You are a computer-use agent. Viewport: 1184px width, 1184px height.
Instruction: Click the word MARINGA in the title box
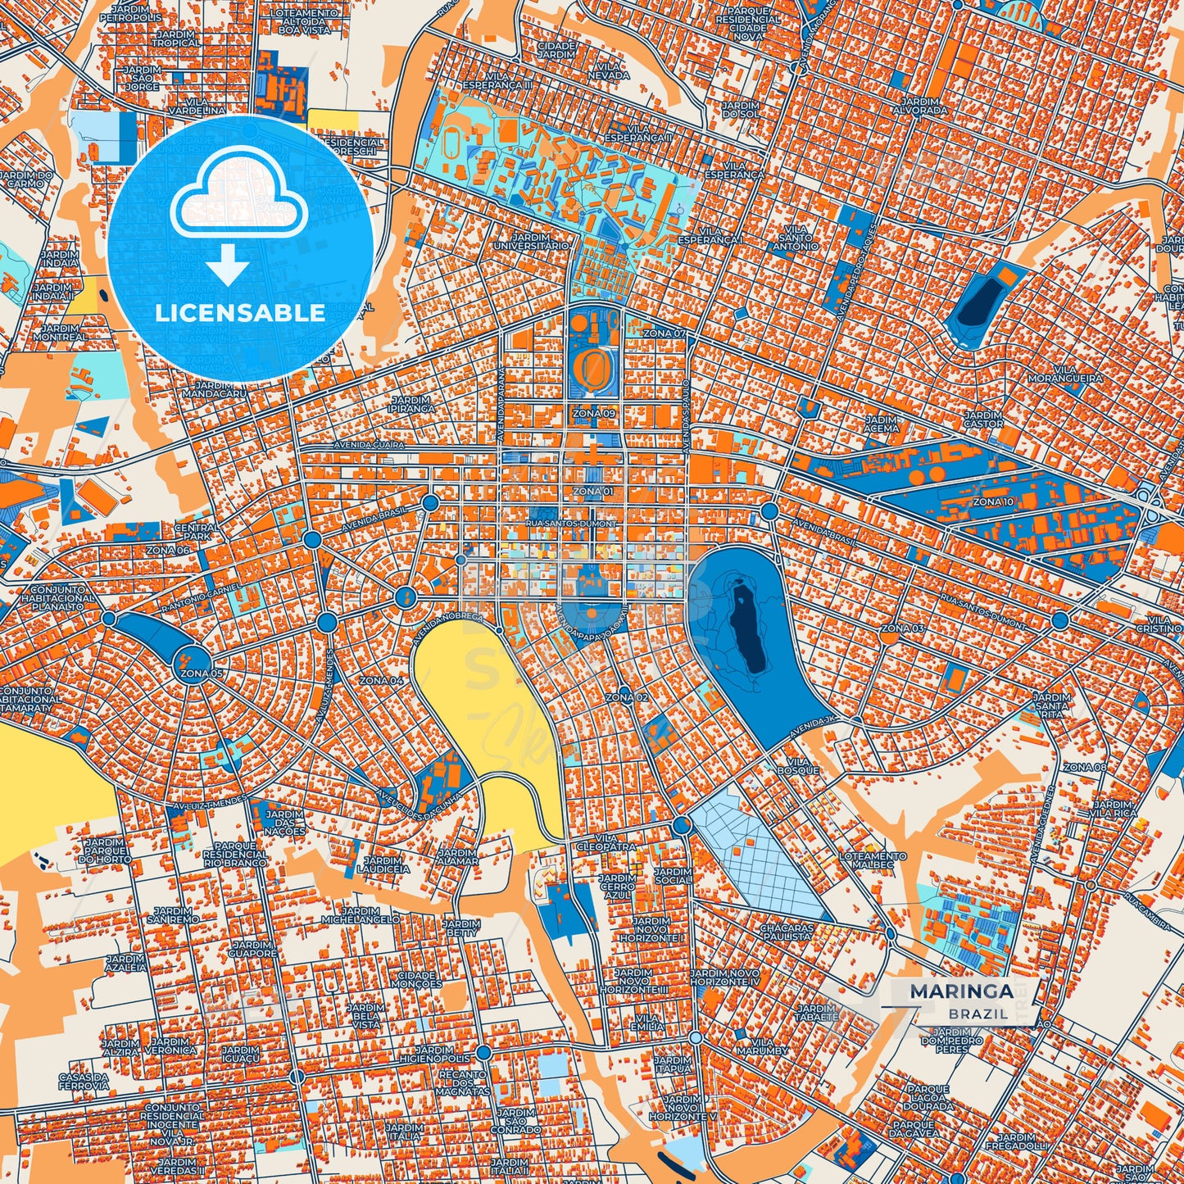960,991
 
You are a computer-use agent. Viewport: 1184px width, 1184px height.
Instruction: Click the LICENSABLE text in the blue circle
240,312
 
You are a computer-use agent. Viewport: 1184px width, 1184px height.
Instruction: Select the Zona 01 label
593,492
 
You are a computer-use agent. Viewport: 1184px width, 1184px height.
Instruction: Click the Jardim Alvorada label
919,106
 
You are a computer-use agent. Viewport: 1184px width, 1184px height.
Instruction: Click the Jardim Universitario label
531,241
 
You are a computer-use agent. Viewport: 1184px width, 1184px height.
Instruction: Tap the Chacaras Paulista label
787,932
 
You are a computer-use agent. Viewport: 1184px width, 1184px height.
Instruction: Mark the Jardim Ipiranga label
411,405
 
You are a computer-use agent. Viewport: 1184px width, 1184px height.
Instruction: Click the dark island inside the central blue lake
748,627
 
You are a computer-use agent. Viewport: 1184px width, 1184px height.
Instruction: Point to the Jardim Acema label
882,424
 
